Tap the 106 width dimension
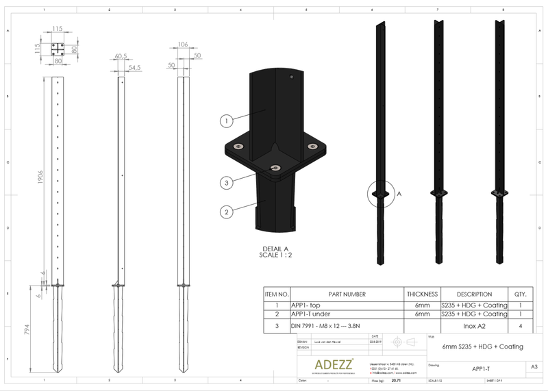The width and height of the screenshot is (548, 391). [x=182, y=45]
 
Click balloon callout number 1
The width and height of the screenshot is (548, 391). [x=225, y=121]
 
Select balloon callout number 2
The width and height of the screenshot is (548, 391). [x=225, y=212]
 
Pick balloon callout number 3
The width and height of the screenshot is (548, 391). [x=225, y=182]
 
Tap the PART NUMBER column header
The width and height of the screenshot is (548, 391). [x=347, y=294]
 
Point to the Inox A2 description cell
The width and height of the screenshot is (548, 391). [x=479, y=326]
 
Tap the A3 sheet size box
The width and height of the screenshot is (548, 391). [x=533, y=366]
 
